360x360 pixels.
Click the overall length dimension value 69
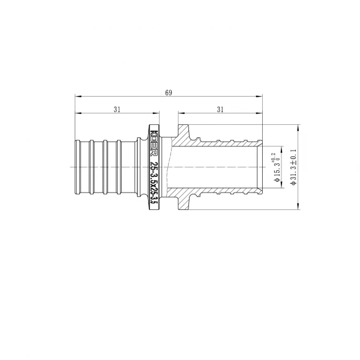(x=169, y=92)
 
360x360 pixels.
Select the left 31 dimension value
(x=116, y=109)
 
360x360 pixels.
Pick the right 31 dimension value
(x=220, y=109)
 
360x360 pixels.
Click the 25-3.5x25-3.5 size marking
(x=154, y=184)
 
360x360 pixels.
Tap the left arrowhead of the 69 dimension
(x=77, y=96)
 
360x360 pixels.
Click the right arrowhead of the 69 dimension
(x=261, y=96)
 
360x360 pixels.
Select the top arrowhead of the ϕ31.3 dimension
(x=298, y=127)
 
